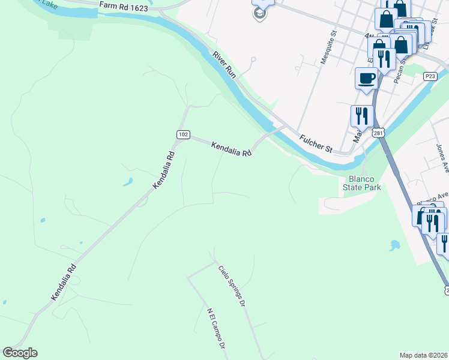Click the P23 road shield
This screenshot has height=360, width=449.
[x=429, y=76]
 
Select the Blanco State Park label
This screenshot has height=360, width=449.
[x=362, y=183]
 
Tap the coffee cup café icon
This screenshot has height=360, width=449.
[x=366, y=78]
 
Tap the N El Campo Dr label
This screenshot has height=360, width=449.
[x=215, y=329]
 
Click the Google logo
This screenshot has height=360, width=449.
[x=20, y=353]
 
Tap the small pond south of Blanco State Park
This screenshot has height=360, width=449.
[x=394, y=245]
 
